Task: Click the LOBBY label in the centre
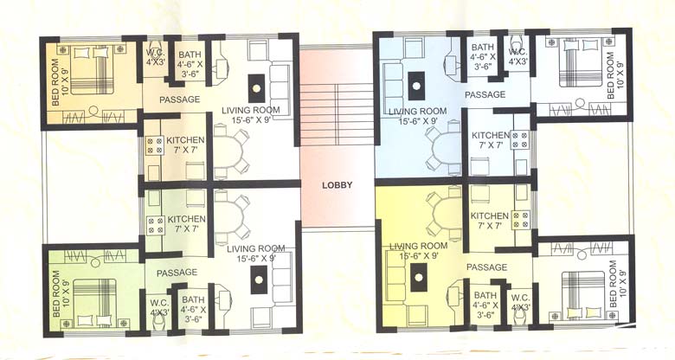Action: click(x=337, y=184)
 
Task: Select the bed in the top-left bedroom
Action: click(x=92, y=68)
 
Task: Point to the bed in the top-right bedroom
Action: click(x=579, y=66)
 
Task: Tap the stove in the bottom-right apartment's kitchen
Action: click(x=521, y=220)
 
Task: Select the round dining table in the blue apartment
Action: click(x=443, y=145)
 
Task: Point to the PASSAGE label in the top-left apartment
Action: click(x=180, y=100)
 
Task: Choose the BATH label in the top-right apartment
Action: click(x=483, y=48)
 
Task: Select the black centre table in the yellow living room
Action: click(x=419, y=279)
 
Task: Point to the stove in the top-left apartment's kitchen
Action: click(x=155, y=145)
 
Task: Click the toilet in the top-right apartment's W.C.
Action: click(x=517, y=43)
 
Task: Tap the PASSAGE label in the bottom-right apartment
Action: click(x=486, y=267)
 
